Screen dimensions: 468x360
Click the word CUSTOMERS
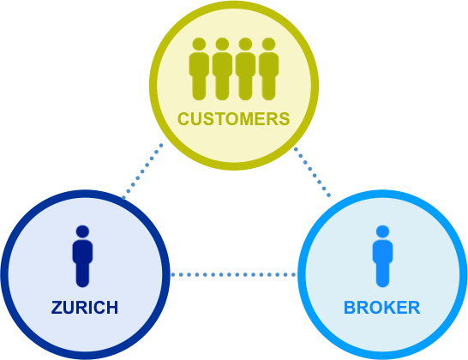(x=234, y=119)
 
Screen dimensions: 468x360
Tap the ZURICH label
(x=85, y=308)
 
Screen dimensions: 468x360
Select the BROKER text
(x=382, y=308)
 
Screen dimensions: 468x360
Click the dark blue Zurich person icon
(x=82, y=256)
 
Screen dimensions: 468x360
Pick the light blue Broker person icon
(x=382, y=256)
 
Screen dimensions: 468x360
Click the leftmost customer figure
(x=199, y=69)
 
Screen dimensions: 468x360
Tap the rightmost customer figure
(x=268, y=69)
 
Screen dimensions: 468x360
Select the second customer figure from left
(x=222, y=69)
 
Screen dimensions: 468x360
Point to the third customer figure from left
(x=245, y=69)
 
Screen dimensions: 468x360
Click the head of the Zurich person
(x=82, y=231)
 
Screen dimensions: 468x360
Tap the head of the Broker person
(x=382, y=231)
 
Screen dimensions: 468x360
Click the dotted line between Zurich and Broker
(x=233, y=274)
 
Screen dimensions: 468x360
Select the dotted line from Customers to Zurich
(x=142, y=171)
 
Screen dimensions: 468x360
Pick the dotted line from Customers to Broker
(x=312, y=172)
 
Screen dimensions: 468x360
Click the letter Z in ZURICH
(x=57, y=308)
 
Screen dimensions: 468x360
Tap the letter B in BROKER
(x=350, y=308)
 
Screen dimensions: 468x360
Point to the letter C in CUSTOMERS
(x=183, y=119)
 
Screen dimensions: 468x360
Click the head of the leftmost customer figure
(x=199, y=45)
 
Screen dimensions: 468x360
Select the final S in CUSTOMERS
(x=285, y=119)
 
